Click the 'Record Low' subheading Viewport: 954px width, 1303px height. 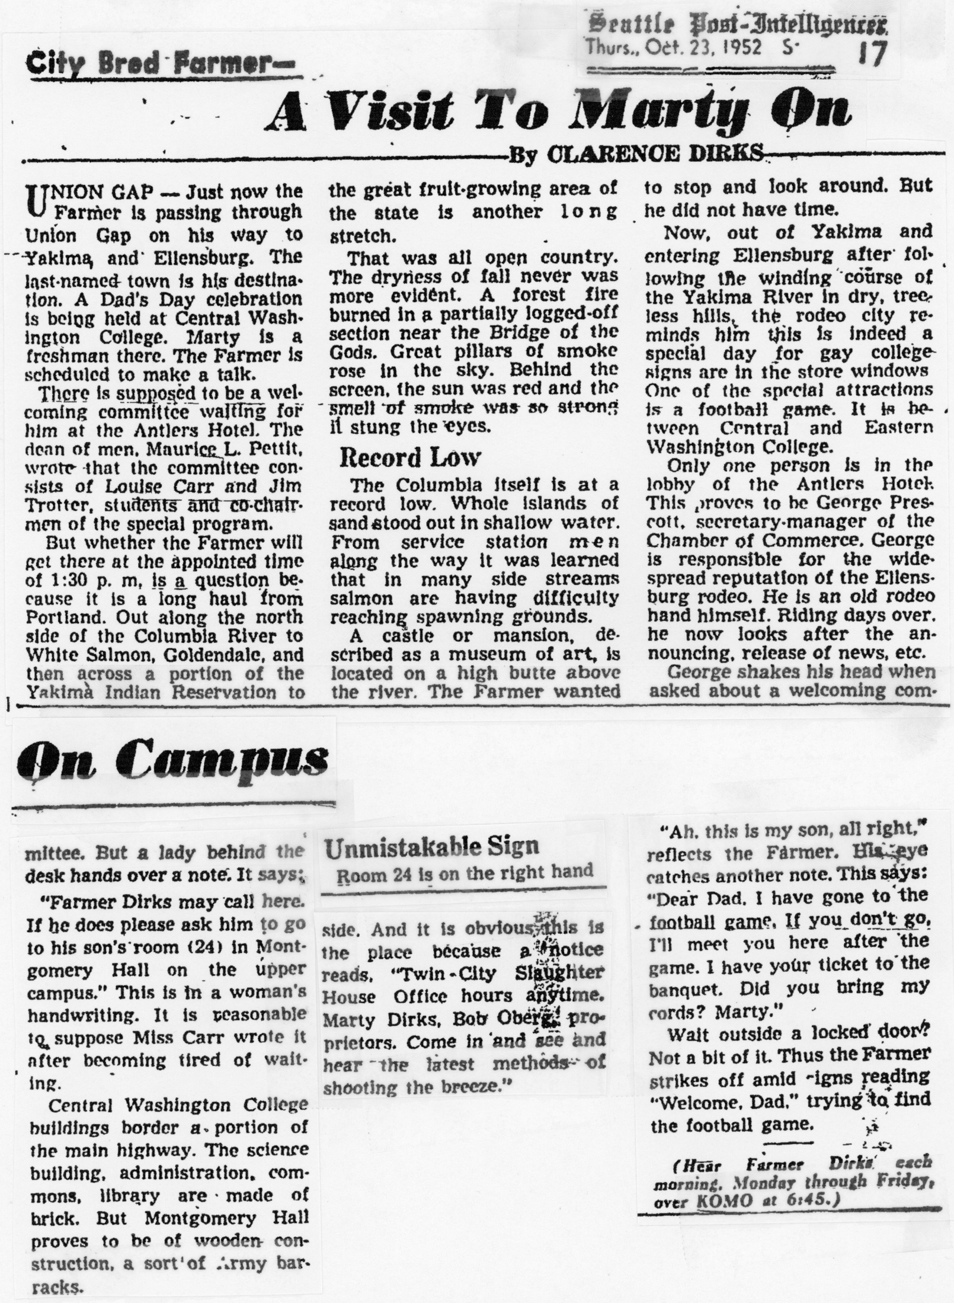pos(409,457)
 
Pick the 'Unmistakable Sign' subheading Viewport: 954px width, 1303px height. pos(432,846)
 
